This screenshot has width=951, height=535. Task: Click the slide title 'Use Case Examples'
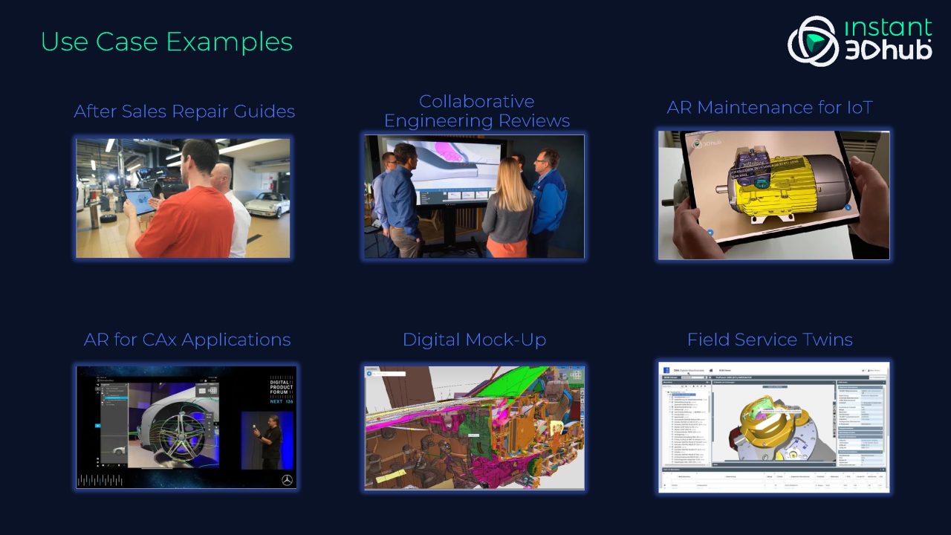point(166,42)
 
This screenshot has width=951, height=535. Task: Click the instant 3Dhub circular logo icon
point(812,42)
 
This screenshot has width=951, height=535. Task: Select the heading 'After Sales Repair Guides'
point(184,111)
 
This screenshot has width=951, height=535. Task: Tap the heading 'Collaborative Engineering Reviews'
point(477,111)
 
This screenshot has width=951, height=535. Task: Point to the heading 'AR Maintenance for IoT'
point(770,108)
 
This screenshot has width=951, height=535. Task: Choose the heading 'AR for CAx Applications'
point(187,340)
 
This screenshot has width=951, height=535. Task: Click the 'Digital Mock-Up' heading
point(474,340)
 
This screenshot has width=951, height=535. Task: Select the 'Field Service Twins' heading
point(770,340)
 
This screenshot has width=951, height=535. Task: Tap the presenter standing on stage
point(270,442)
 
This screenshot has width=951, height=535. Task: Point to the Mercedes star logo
point(286,480)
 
